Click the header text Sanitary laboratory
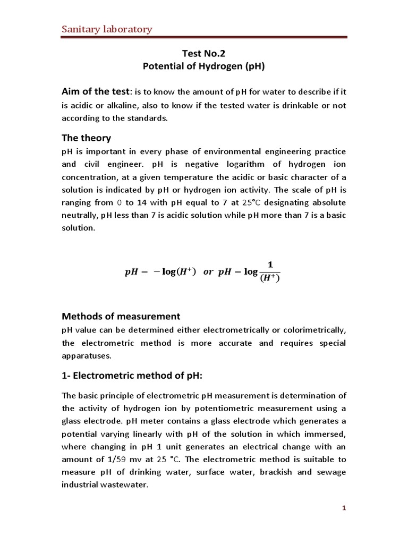(x=106, y=29)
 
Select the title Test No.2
(x=204, y=54)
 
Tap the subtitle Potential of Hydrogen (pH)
(x=204, y=67)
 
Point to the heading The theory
(x=87, y=138)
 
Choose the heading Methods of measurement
(x=121, y=316)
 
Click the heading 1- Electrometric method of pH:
(x=133, y=376)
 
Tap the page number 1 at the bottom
(x=344, y=508)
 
